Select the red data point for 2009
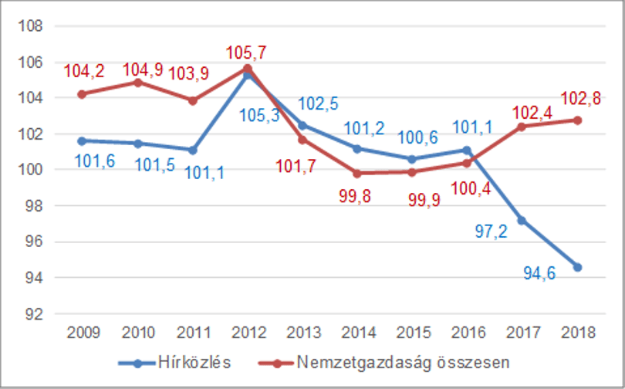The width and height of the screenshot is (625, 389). tap(82, 94)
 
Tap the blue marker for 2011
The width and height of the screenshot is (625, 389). tap(193, 151)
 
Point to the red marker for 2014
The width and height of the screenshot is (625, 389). tap(357, 174)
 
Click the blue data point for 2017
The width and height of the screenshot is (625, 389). tap(522, 221)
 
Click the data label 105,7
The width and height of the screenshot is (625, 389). tap(246, 52)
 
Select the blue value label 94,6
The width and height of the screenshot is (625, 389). tap(539, 273)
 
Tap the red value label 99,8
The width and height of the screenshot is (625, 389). tap(355, 196)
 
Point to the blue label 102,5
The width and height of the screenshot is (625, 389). tap(318, 103)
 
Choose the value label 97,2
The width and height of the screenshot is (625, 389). tap(491, 232)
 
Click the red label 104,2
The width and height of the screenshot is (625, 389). tap(84, 71)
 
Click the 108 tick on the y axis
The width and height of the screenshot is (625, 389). tap(30, 26)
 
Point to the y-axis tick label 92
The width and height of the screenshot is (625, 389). tap(34, 314)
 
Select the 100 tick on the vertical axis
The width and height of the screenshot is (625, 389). tap(30, 170)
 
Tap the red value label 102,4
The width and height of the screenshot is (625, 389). tap(532, 113)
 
